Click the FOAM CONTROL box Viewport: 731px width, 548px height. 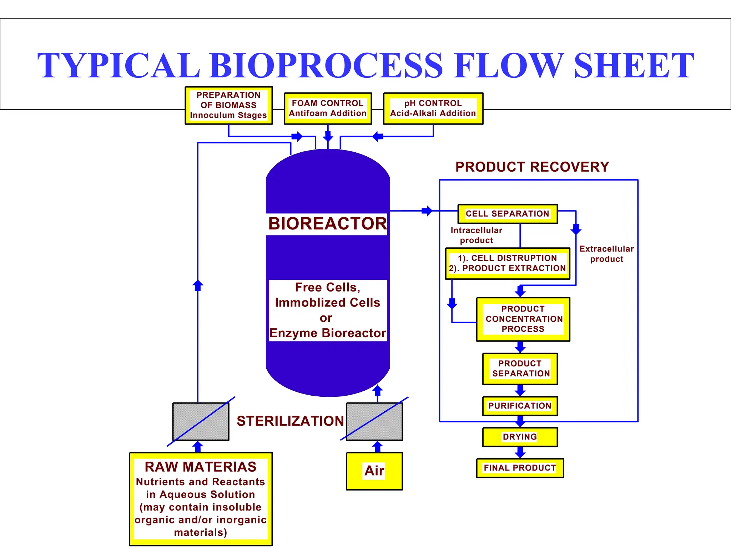[x=328, y=108]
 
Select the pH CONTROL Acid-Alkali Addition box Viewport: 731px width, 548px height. [x=433, y=108]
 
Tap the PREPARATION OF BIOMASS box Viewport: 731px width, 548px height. [x=228, y=105]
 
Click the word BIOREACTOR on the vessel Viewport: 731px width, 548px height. [x=327, y=224]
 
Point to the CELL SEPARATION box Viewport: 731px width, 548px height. [x=507, y=214]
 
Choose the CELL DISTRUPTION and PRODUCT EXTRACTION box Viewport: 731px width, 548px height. [x=507, y=263]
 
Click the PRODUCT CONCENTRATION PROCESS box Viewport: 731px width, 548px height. [x=523, y=319]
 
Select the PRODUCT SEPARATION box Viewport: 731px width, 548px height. [x=520, y=369]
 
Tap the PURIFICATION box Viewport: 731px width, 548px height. [x=520, y=406]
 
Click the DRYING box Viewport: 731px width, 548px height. [x=520, y=437]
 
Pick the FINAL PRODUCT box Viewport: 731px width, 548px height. [x=520, y=468]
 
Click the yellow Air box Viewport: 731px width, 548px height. [x=374, y=471]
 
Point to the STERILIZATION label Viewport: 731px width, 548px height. [x=290, y=421]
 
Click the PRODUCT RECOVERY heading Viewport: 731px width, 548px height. [x=532, y=167]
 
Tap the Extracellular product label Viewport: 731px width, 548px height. [x=606, y=254]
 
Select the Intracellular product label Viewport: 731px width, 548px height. [x=476, y=235]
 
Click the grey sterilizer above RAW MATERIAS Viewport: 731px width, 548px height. [x=201, y=421]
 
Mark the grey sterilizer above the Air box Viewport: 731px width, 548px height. [x=374, y=421]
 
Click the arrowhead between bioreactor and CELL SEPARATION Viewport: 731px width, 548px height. [x=428, y=211]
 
